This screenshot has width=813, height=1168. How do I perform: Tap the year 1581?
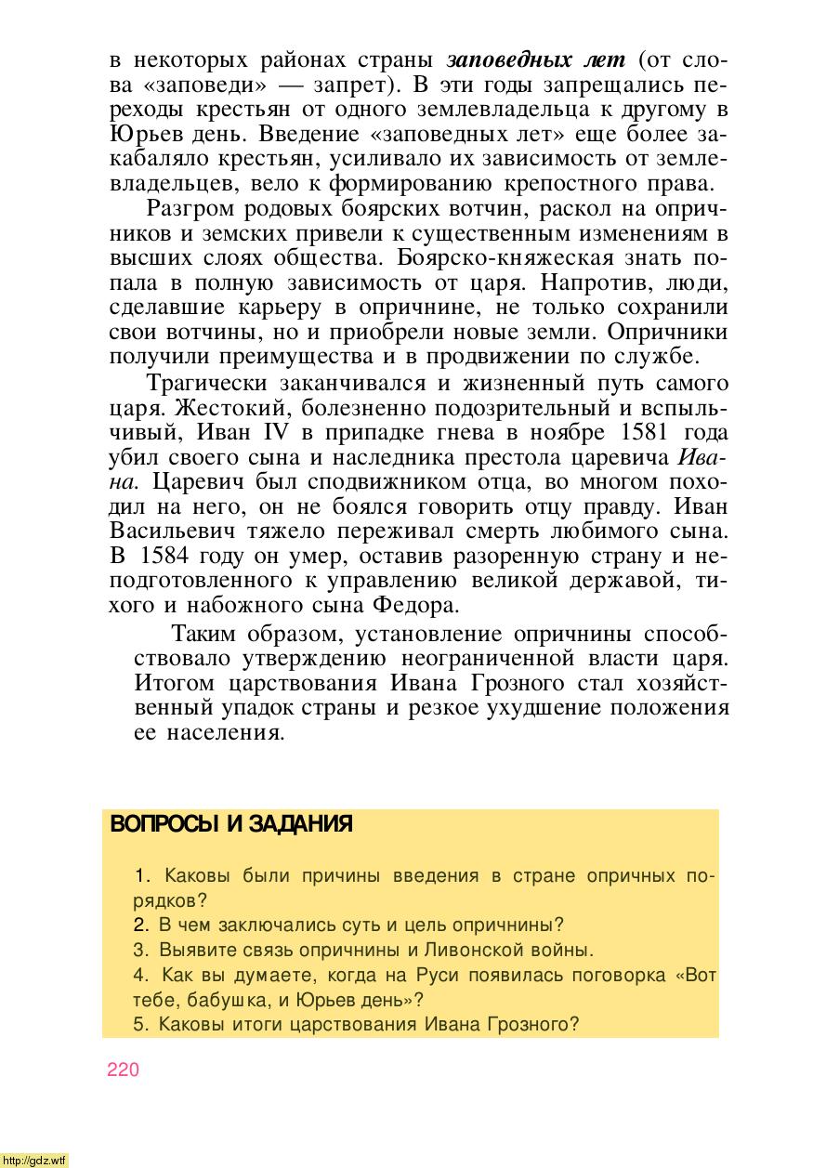(x=636, y=433)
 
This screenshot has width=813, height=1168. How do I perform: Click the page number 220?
(x=123, y=1070)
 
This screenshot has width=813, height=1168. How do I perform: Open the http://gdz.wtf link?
(x=34, y=1161)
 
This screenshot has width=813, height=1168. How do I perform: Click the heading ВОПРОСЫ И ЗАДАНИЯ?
(x=230, y=825)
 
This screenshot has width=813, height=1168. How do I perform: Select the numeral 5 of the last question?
(x=139, y=1026)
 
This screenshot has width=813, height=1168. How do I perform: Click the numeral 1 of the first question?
(x=141, y=875)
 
